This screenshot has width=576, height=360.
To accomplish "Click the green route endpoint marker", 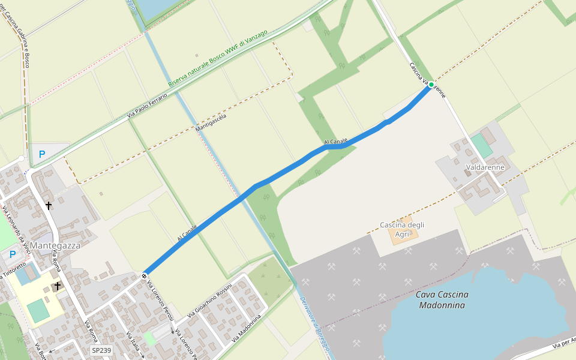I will pos(431,85).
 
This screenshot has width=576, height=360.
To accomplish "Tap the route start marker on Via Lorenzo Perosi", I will pos(145,275).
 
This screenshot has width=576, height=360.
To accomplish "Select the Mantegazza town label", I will pos(55,245).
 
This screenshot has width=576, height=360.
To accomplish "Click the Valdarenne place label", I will pos(485,167).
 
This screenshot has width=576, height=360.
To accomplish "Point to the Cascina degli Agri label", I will pos(402,229).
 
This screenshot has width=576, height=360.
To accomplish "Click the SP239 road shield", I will pos(101,350).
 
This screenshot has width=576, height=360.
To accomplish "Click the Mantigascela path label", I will pos(211,122).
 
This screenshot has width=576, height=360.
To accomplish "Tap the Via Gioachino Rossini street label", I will pos(209,300).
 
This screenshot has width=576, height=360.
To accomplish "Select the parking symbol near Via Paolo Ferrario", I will pos(42,154).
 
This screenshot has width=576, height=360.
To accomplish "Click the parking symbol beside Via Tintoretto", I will pos(13,254).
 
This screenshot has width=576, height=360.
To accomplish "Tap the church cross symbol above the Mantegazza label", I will pos(49,206).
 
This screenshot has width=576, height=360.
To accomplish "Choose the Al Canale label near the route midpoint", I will pos(335,142).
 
